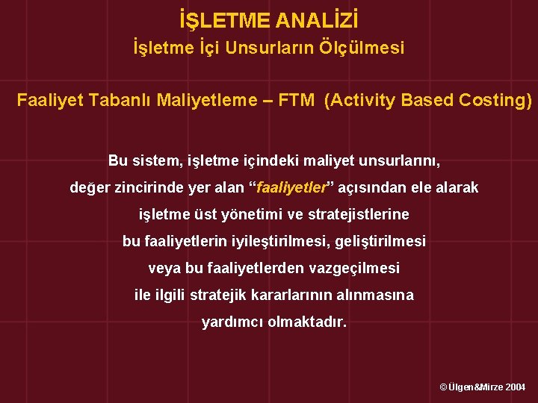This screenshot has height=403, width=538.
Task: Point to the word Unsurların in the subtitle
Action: click(x=279, y=49)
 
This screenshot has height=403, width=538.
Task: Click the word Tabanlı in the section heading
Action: click(x=121, y=100)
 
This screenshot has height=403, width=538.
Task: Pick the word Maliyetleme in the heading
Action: click(x=203, y=100)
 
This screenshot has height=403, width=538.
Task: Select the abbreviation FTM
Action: click(x=296, y=100)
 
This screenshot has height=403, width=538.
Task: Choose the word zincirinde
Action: click(x=143, y=188)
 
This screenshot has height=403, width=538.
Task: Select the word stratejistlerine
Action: click(x=359, y=215)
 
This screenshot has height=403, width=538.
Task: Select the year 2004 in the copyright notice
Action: click(x=515, y=387)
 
